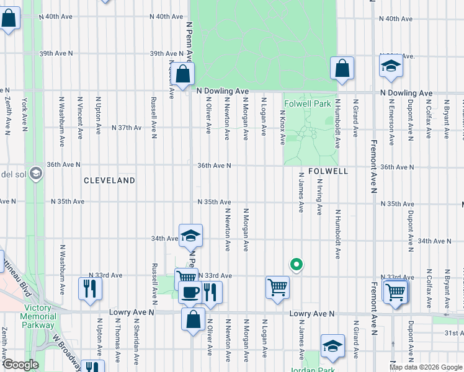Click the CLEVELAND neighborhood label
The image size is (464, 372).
pos(109,180)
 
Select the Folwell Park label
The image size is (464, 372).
pos(308,104)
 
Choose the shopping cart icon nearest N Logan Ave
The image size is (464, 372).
pos(277,286)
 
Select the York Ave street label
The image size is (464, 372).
pos(24,115)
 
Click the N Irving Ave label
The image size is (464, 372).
pos(319,196)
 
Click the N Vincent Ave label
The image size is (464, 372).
pos(80,117)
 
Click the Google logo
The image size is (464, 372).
pos(20,365)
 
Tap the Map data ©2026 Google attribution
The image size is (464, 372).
pos(426,367)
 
